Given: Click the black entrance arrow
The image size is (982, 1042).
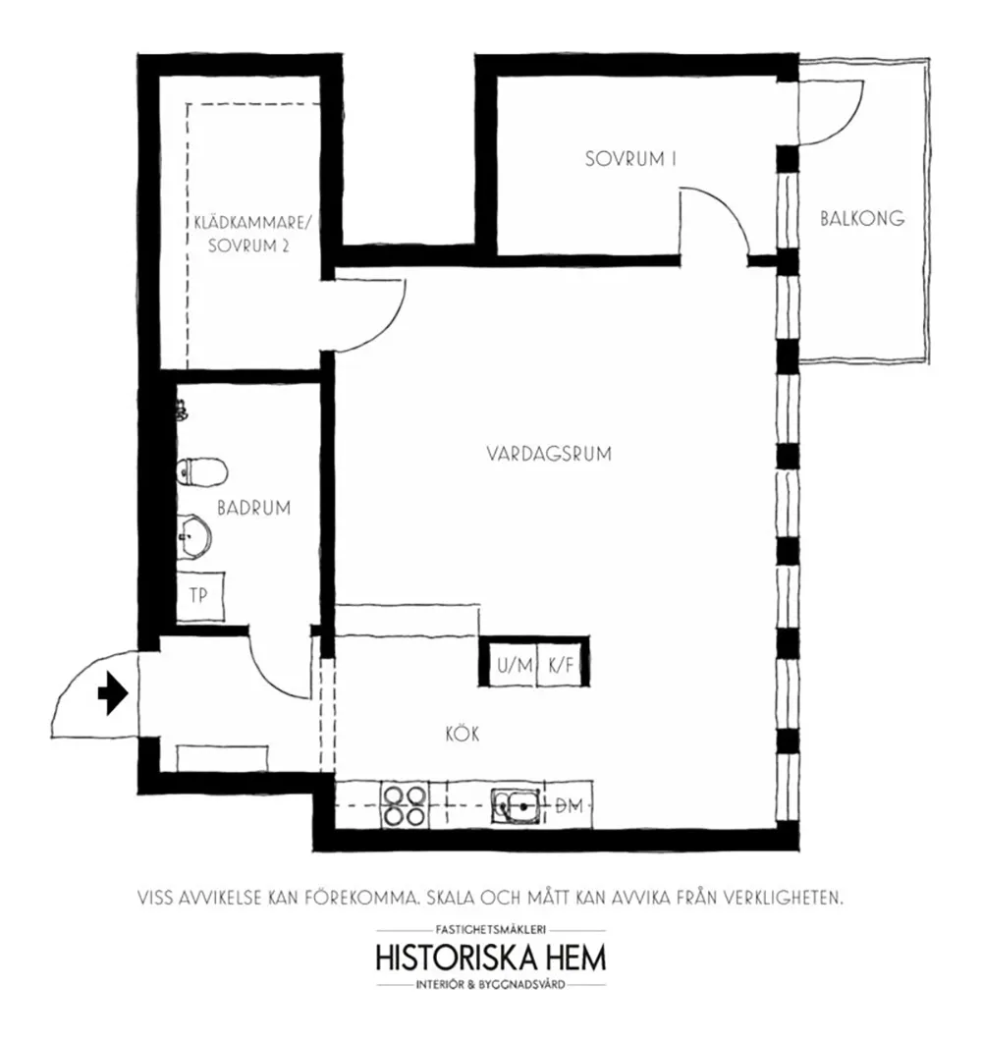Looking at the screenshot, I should coord(113,694).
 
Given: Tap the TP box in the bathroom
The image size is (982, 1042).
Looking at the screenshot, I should coord(199,594).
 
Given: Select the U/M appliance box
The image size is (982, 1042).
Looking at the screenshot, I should coord(515,665).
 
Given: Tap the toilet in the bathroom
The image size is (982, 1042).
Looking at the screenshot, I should coord(200,473).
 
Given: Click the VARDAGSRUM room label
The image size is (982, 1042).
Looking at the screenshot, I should coord(549,454).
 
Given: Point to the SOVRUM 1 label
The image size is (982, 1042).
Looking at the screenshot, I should coord(631,159).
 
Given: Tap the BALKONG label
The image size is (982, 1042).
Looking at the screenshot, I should coord(862,219).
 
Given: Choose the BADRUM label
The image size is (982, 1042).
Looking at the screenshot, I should coord(254,508).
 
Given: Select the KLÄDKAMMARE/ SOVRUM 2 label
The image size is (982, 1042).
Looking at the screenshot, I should coord(251,237).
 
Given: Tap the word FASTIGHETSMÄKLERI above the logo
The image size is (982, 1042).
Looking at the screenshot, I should coord(491,928).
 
